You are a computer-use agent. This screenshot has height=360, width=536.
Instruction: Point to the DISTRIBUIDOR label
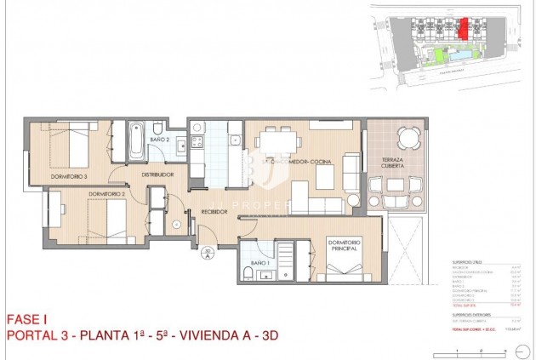click(x=157, y=174)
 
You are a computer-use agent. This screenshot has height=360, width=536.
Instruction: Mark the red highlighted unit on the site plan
click(x=463, y=28)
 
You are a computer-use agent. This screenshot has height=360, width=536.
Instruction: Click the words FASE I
click(x=26, y=318)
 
